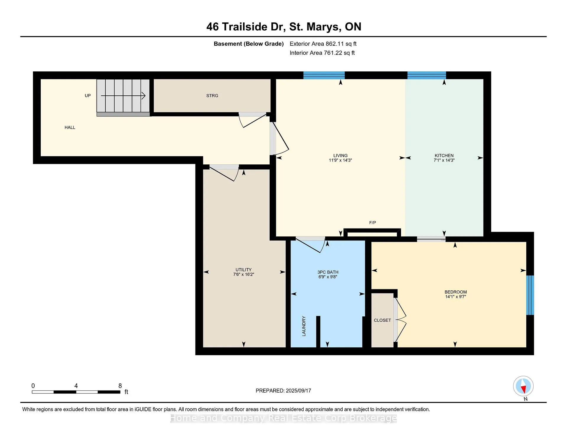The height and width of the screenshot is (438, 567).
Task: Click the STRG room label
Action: pyautogui.click(x=212, y=96)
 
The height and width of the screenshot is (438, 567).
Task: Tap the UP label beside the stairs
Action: pyautogui.click(x=88, y=96)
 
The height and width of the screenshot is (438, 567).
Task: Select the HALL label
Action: pyautogui.click(x=70, y=128)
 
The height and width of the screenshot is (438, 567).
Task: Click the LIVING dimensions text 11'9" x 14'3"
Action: pyautogui.click(x=340, y=160)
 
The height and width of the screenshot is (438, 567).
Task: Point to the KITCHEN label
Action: pyautogui.click(x=444, y=156)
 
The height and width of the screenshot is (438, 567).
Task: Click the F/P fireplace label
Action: pyautogui.click(x=372, y=223)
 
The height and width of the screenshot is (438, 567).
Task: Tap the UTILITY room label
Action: pyautogui.click(x=243, y=269)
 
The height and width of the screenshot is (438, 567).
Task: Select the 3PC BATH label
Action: pyautogui.click(x=328, y=272)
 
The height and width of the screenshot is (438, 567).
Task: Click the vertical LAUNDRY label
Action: pyautogui.click(x=304, y=326)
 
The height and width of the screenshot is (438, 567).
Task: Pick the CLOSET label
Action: pyautogui.click(x=382, y=320)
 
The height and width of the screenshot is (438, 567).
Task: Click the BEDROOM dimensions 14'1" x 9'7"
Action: pyautogui.click(x=455, y=297)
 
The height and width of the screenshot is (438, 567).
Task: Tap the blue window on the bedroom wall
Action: pyautogui.click(x=530, y=295)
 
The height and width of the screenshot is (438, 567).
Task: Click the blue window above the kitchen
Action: pyautogui.click(x=427, y=75)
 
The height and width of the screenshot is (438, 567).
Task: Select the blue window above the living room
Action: pyautogui.click(x=324, y=75)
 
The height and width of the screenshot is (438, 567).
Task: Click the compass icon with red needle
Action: pyautogui.click(x=523, y=386)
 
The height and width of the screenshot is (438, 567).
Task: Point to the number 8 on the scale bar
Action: pyautogui.click(x=120, y=386)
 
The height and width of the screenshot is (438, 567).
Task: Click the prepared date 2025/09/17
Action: pyautogui.click(x=298, y=390)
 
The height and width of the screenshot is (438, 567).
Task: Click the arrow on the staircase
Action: pyautogui.click(x=123, y=96)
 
